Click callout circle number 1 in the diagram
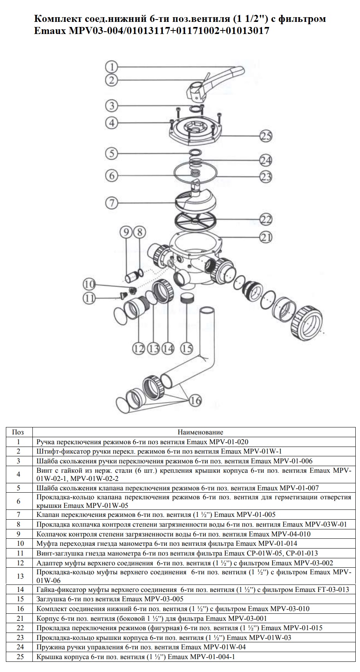pyautogui.click(x=112, y=67)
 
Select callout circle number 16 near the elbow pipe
pyautogui.click(x=196, y=400)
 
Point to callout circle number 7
pyautogui.click(x=112, y=203)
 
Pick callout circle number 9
pyautogui.click(x=127, y=233)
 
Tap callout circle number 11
pyautogui.click(x=90, y=298)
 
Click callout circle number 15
pyautogui.click(x=187, y=348)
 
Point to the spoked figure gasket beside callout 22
pyautogui.click(x=194, y=223)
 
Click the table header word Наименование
pyautogui.click(x=200, y=432)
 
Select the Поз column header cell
pyautogui.click(x=18, y=432)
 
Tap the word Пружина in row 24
pyautogui.click(x=49, y=647)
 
